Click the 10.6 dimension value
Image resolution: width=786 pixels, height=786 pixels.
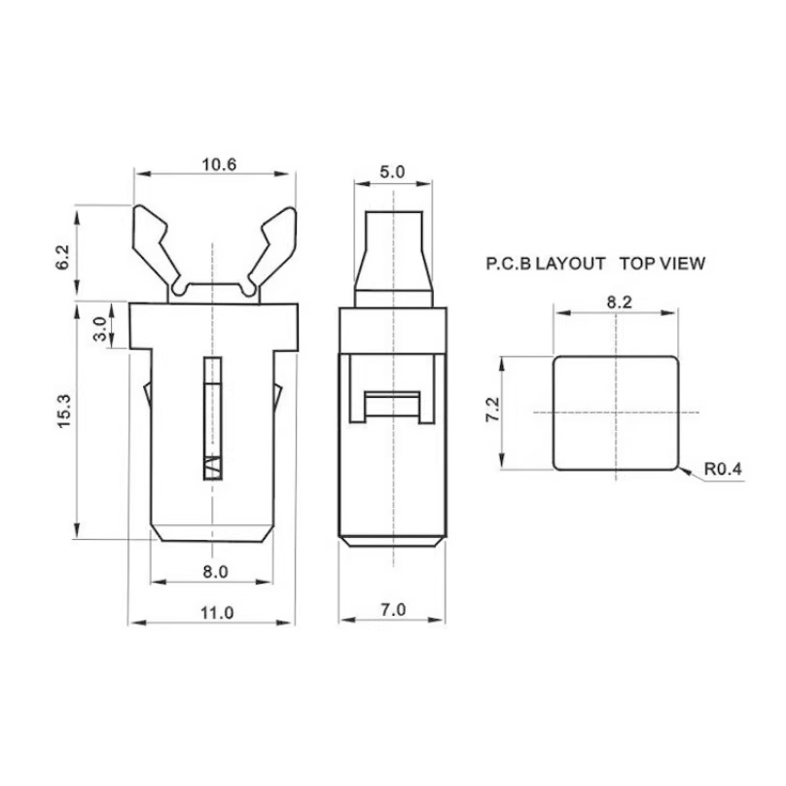point(219,164)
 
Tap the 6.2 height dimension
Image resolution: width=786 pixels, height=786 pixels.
point(63,258)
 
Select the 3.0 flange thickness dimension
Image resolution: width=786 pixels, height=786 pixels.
point(100,329)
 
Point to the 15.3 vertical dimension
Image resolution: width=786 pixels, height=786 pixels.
point(65,411)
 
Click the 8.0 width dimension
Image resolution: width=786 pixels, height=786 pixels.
point(216,572)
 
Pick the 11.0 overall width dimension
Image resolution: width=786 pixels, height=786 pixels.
point(217,613)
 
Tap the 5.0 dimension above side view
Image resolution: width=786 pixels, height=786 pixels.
point(392,172)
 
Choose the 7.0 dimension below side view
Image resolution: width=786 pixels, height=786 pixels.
point(393,610)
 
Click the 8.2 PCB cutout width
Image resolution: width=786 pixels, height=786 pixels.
point(620,303)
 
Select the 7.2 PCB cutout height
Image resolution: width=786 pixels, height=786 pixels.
point(494,409)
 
